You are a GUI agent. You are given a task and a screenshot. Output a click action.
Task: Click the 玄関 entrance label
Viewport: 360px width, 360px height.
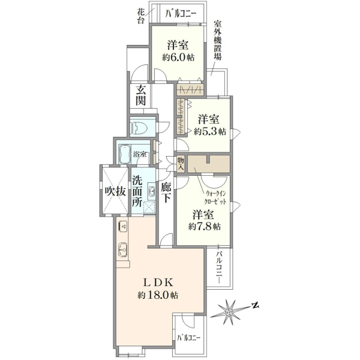click(x=140, y=95)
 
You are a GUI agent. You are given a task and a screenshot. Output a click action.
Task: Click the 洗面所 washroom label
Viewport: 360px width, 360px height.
click(x=137, y=192)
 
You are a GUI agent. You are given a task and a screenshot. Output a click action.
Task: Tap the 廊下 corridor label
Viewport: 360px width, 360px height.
click(x=166, y=193)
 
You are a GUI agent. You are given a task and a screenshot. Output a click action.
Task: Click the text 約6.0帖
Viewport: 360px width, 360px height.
click(x=178, y=58)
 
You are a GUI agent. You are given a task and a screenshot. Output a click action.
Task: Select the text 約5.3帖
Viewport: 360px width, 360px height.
click(x=209, y=132)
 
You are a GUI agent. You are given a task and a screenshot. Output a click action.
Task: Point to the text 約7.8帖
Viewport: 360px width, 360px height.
click(x=205, y=227)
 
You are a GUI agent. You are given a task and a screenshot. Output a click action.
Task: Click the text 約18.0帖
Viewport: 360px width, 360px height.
click(x=158, y=295)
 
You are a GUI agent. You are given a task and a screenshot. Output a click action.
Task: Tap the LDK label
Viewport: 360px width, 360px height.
click(x=158, y=283)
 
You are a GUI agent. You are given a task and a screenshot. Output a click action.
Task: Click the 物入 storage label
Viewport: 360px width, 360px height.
click(x=181, y=164)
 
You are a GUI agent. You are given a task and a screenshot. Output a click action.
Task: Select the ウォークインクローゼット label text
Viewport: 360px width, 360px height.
click(x=215, y=197)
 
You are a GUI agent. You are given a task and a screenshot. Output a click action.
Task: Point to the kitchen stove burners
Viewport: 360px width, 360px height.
click(x=122, y=227)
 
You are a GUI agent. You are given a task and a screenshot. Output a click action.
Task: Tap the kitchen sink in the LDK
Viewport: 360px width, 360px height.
click(x=122, y=250)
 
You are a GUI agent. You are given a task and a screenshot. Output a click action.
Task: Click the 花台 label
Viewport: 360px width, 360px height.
click(x=141, y=16)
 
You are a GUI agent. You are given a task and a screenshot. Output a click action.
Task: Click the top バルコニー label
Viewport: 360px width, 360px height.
click(x=181, y=14)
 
